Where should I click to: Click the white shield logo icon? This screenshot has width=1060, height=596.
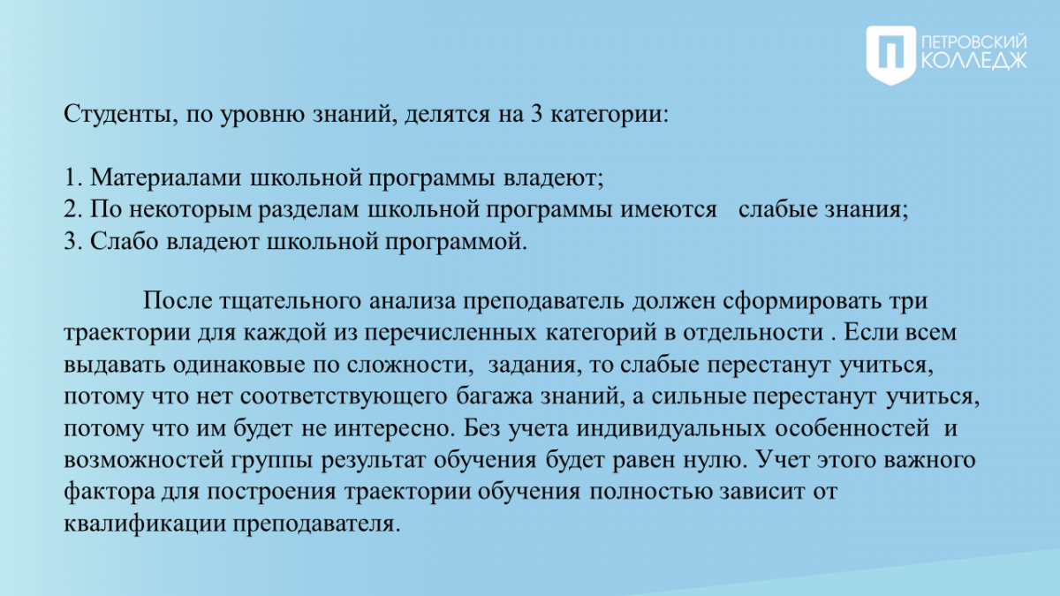[x=891, y=56]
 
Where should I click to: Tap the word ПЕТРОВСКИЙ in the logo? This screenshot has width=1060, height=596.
[x=974, y=42]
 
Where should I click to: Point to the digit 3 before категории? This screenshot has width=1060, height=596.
[x=536, y=114]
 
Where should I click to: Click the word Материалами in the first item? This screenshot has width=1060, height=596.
[x=166, y=177]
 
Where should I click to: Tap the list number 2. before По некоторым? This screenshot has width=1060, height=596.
[x=73, y=209]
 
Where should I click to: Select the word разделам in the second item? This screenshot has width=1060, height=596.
[x=308, y=210]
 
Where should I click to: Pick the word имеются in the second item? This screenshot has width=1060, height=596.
[x=669, y=210]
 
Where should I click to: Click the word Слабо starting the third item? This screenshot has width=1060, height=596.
[x=124, y=241]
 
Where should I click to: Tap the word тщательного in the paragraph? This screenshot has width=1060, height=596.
[x=290, y=302]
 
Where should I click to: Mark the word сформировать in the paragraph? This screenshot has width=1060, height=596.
[x=802, y=301]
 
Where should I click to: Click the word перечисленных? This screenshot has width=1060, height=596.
[x=450, y=334]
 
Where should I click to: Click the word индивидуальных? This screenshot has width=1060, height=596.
[x=670, y=428]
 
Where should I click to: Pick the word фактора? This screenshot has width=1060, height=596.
[x=110, y=492]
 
